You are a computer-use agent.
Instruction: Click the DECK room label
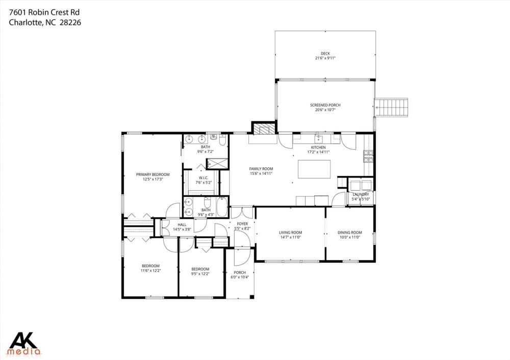325,54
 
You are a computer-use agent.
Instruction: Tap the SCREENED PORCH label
325,105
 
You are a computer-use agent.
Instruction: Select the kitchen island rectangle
314,169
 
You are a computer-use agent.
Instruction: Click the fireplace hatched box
264,130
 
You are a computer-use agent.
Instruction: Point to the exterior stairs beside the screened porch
392,107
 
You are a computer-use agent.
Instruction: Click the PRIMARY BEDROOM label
153,174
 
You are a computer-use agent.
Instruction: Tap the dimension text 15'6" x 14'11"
261,174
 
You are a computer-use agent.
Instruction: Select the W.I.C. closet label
203,177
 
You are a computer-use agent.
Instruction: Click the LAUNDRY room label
361,194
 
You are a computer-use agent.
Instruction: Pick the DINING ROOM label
350,233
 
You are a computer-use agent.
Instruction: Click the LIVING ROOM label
291,233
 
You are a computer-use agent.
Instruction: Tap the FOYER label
242,224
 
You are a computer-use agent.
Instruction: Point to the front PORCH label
240,272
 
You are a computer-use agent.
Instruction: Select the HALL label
182,225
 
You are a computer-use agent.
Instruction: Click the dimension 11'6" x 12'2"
150,270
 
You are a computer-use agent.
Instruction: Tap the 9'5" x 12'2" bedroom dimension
200,273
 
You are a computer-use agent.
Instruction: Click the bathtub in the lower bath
222,207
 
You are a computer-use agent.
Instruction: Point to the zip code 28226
70,22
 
